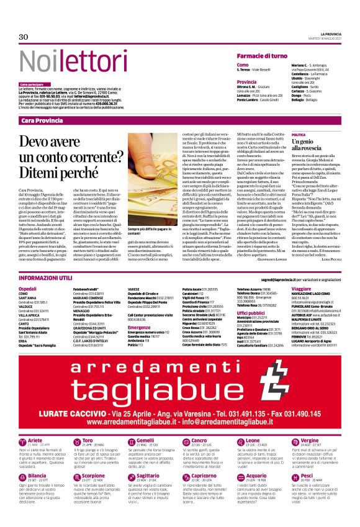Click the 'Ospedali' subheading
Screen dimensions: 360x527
click(x=28, y=290)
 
